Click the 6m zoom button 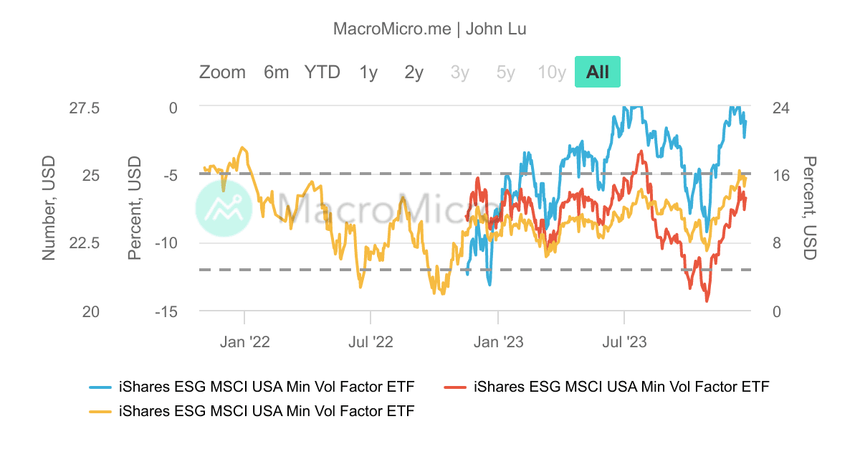point(276,72)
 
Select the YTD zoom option point(322,72)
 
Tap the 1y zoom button point(368,72)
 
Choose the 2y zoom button point(414,72)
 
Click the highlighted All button point(597,72)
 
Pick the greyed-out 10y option point(552,72)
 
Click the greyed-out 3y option point(459,72)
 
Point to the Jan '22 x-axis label point(245,342)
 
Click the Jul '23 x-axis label point(625,342)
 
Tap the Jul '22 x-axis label point(371,342)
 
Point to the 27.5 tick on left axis point(84,108)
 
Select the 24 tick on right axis point(780,108)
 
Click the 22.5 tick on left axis point(84,243)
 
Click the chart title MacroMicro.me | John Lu point(430,29)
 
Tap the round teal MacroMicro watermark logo point(224,207)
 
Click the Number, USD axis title point(48,208)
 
